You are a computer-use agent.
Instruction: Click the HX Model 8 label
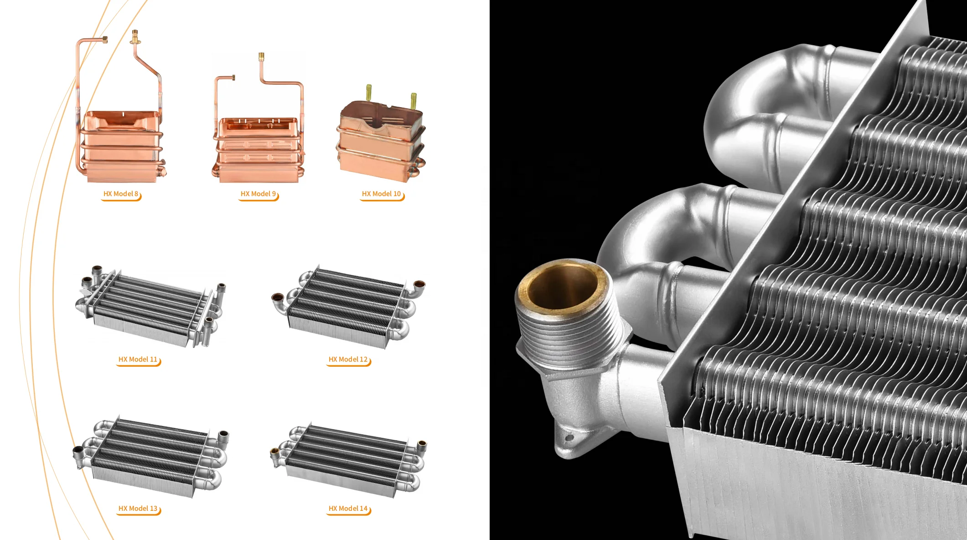[121, 194]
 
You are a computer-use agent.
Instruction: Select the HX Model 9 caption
[258, 194]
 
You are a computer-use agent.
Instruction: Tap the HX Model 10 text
[381, 194]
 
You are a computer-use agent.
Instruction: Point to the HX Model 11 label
[138, 359]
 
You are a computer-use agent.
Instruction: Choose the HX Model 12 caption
[348, 359]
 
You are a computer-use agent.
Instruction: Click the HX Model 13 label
[138, 509]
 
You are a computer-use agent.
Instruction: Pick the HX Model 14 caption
[348, 509]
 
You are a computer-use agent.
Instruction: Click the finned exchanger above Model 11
[148, 306]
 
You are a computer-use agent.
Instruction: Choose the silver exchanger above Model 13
[150, 456]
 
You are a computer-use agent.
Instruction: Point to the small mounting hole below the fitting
[569, 438]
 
